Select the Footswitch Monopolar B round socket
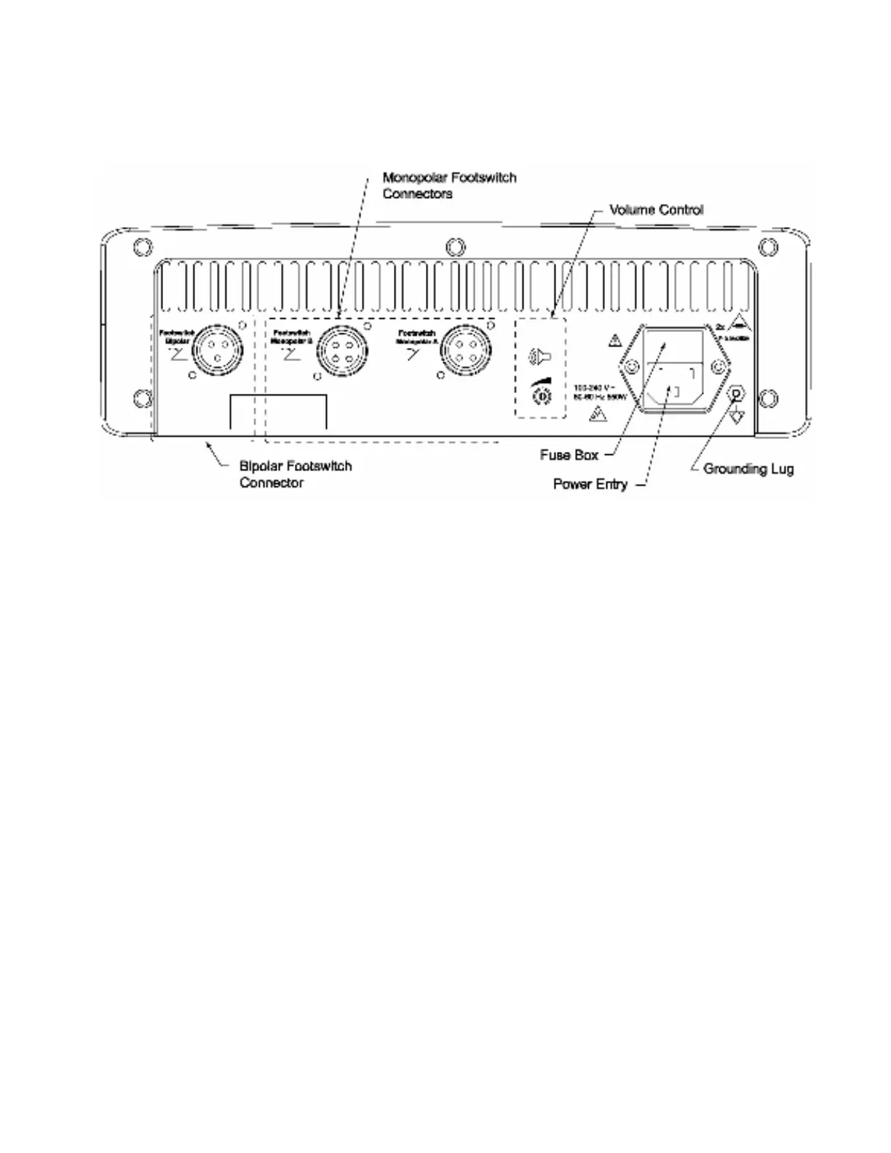tap(341, 350)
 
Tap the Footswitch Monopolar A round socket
tap(466, 349)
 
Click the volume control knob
tap(541, 396)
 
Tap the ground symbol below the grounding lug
tap(737, 416)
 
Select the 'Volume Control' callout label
tap(656, 210)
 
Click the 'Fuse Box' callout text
tap(569, 455)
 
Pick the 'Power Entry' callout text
tap(590, 484)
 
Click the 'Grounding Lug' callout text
tap(748, 469)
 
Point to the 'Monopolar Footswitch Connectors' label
tap(449, 186)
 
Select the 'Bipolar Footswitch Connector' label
tap(295, 474)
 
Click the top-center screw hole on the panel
tap(455, 247)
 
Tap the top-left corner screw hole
tap(142, 247)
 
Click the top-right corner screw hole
tap(767, 247)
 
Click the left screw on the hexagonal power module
tap(630, 368)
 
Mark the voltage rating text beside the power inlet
tap(600, 392)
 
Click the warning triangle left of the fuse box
tap(614, 339)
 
